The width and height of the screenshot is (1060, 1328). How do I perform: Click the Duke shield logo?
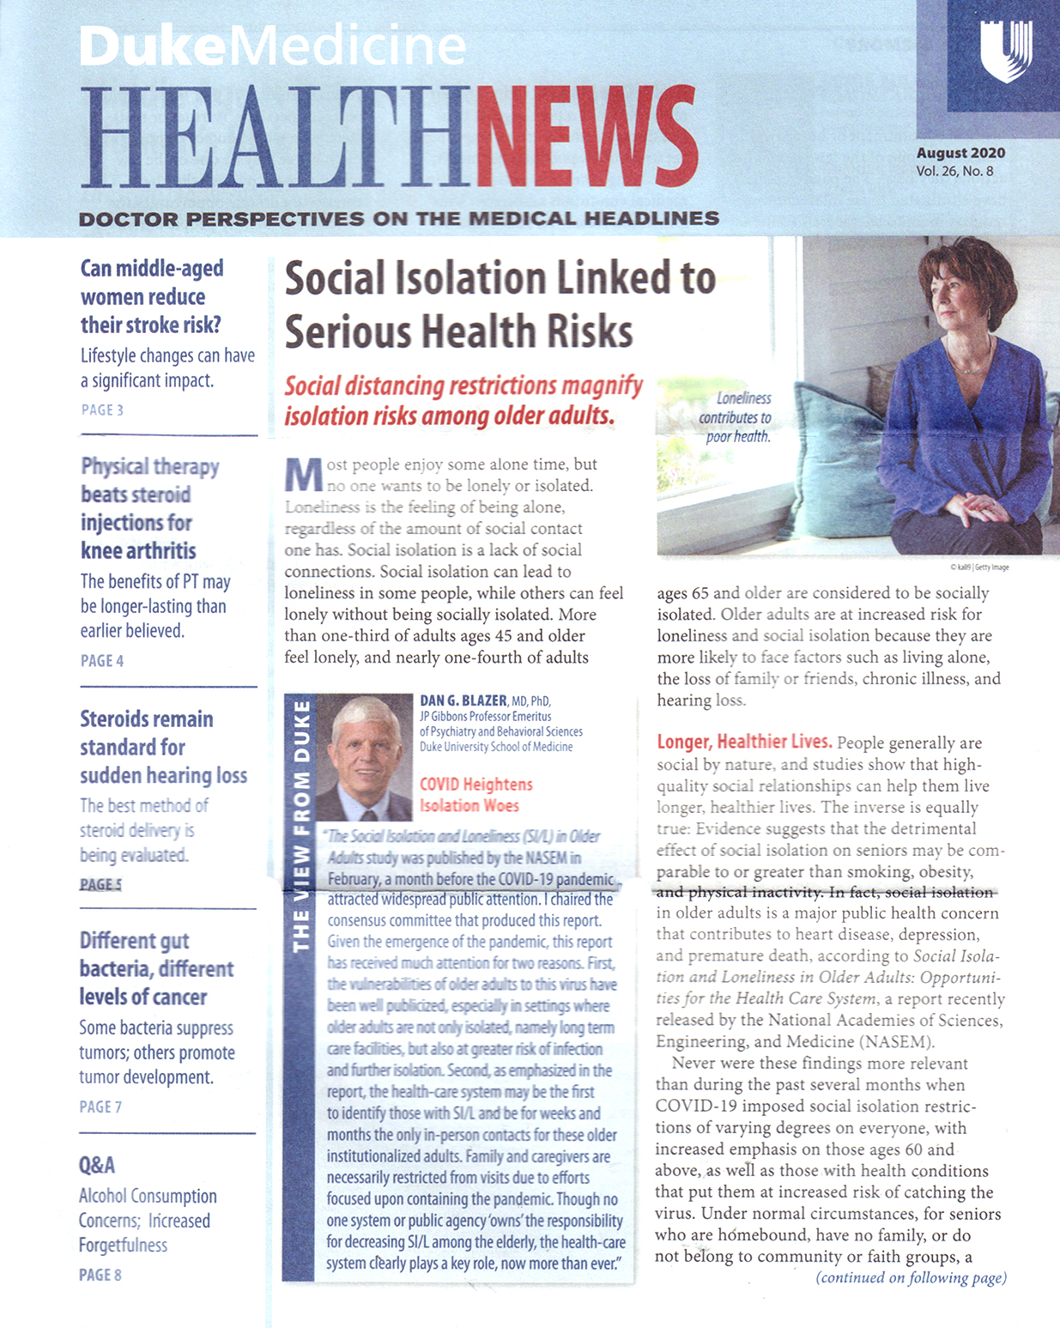1006,51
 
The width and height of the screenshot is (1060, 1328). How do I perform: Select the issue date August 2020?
960,154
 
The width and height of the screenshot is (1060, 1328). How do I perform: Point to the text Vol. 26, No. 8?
954,171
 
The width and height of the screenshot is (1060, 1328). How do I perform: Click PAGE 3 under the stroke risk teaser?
102,410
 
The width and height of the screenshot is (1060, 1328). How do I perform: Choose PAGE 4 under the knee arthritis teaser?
102,661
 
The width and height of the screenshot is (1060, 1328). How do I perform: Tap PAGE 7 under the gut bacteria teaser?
100,1107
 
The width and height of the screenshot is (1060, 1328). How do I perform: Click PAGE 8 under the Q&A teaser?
100,1276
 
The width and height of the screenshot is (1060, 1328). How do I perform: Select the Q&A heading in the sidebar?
96,1166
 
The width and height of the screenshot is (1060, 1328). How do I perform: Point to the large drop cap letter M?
303,476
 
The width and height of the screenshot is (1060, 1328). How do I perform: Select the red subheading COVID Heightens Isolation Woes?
475,795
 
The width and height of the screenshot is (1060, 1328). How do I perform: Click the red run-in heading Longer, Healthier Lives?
743,743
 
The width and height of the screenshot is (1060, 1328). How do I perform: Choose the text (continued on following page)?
911,1278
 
